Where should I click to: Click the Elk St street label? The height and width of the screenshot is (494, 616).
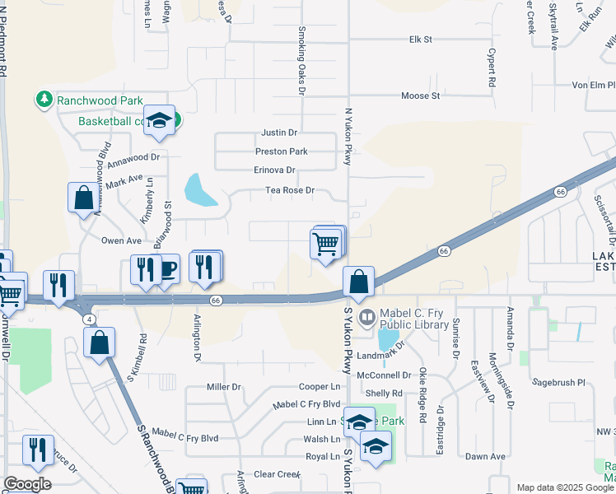point(420,39)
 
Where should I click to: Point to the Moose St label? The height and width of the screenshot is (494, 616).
point(420,96)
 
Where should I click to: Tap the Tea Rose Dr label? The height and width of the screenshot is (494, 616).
point(290,190)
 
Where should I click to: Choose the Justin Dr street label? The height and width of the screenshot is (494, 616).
point(279,133)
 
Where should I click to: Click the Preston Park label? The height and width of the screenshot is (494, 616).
point(282,151)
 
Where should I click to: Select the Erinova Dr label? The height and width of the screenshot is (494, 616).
point(274,170)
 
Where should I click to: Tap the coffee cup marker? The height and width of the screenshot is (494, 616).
point(168,268)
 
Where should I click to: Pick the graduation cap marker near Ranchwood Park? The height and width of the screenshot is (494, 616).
point(160,120)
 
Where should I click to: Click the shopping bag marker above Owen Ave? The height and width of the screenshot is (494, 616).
point(83,198)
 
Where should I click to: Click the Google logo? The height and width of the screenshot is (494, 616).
point(27,483)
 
